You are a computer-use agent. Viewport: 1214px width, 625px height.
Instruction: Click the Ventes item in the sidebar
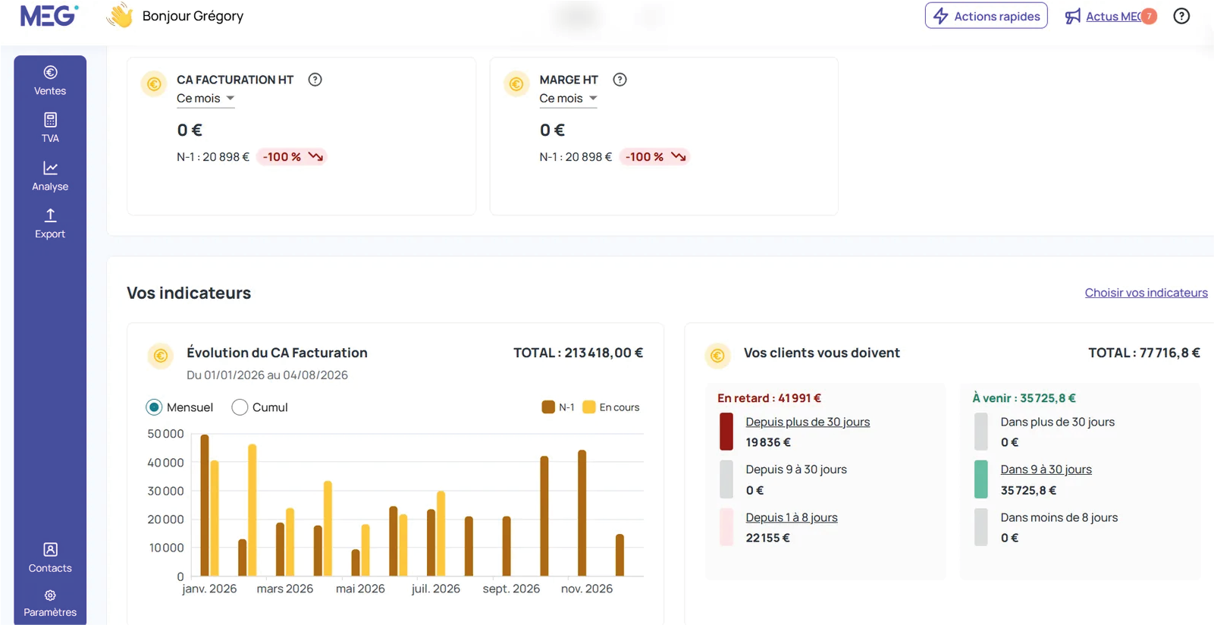[x=50, y=80]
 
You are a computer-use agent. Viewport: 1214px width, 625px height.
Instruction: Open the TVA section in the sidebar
[x=50, y=128]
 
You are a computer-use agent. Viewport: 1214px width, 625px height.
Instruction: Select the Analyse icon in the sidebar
[x=50, y=168]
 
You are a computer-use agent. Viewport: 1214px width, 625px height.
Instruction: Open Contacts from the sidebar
[x=50, y=557]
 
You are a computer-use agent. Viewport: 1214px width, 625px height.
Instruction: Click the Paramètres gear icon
[x=50, y=595]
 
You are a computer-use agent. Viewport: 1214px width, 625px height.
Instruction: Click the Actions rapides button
[x=986, y=16]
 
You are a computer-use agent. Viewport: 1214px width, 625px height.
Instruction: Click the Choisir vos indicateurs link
[x=1146, y=293]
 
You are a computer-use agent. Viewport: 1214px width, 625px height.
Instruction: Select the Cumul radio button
[x=240, y=407]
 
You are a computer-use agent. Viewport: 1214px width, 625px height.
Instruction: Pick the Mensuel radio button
[x=154, y=407]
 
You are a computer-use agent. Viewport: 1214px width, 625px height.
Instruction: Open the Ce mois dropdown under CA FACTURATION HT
[x=205, y=99]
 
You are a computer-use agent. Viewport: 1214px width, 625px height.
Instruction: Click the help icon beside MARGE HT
[x=620, y=80]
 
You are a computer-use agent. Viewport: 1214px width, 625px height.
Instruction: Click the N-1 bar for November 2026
[x=582, y=513]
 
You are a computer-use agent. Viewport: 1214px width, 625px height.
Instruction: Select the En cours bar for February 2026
[x=252, y=510]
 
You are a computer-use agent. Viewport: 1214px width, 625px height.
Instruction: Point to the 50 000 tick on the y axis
[x=166, y=434]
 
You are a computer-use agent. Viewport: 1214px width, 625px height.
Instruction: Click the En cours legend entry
[x=611, y=407]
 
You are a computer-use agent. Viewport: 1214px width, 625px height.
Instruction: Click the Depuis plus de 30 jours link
[x=808, y=422]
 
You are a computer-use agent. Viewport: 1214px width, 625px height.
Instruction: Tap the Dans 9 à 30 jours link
[x=1046, y=470]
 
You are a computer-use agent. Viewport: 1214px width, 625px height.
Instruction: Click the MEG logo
[x=49, y=15]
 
